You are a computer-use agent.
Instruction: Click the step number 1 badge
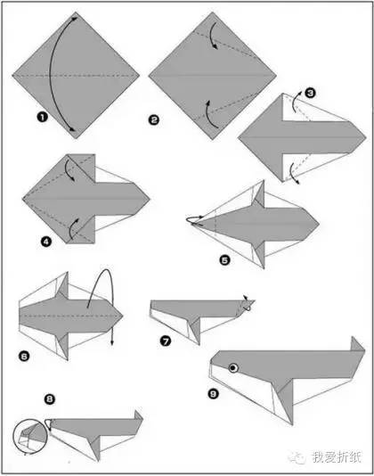(x=43, y=117)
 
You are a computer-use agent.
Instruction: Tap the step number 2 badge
(x=154, y=120)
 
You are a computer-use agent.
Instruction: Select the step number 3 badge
(x=310, y=93)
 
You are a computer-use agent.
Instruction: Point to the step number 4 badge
(x=46, y=242)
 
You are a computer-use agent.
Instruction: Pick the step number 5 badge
(x=224, y=260)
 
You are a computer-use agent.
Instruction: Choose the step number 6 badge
(x=24, y=356)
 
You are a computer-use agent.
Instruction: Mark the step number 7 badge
(x=166, y=341)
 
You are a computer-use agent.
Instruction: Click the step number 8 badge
(x=50, y=398)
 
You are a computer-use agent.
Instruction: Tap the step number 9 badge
(x=213, y=394)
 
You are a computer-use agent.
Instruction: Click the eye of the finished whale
(x=233, y=368)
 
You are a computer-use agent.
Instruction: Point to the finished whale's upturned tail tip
(x=353, y=337)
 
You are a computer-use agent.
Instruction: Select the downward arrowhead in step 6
(x=112, y=342)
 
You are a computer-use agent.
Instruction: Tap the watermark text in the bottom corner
(x=337, y=457)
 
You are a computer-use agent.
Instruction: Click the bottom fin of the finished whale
(x=285, y=401)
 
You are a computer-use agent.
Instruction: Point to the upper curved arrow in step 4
(x=69, y=170)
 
